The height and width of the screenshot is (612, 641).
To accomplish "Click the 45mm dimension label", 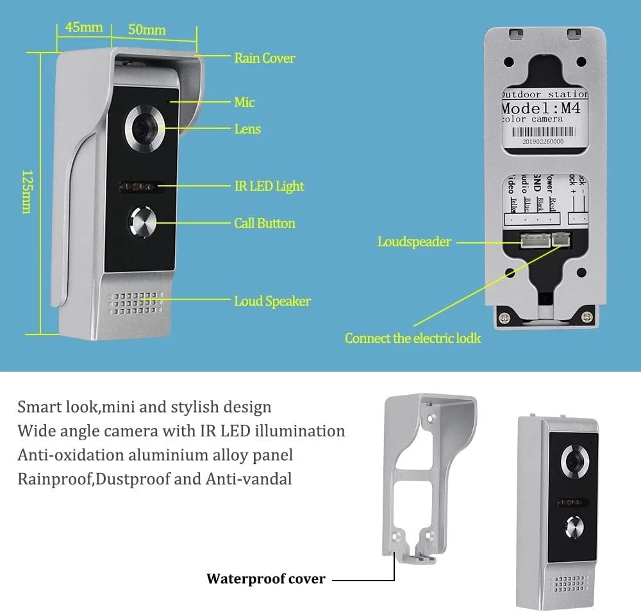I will click(x=84, y=27).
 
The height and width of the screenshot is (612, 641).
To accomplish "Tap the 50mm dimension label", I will click(x=147, y=29).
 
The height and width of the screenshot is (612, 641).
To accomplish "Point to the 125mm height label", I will click(x=27, y=192).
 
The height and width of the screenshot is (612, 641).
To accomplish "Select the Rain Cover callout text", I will click(x=264, y=58).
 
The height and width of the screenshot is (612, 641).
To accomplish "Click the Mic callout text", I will click(x=244, y=102).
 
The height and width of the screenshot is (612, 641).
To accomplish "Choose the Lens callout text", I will click(x=247, y=129).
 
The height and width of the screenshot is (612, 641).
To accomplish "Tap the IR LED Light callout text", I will click(x=269, y=186).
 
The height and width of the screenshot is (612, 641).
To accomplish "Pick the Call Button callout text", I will click(x=265, y=223).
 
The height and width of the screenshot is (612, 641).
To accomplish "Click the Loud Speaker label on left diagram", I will click(x=272, y=301).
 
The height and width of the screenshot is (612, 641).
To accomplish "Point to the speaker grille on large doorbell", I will click(x=136, y=304).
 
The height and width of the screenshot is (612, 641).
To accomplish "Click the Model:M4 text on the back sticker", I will click(x=542, y=108).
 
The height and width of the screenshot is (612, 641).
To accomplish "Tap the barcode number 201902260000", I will click(x=542, y=141).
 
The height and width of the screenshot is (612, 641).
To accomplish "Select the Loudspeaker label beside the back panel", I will click(x=414, y=242).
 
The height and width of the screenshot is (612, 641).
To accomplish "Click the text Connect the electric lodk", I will click(x=413, y=338).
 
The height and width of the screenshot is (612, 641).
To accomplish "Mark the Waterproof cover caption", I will click(x=265, y=579).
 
